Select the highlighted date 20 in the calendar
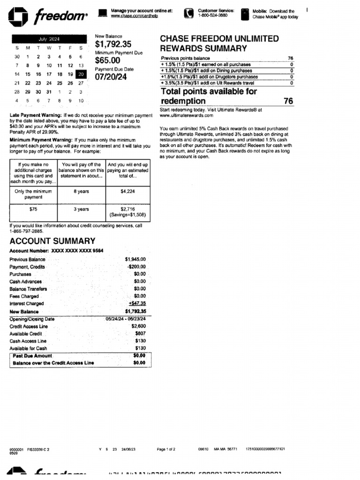pyautogui.click(x=81, y=74)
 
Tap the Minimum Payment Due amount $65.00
pyautogui.click(x=107, y=60)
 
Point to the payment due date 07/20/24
pyautogui.click(x=111, y=77)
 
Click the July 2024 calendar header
pyautogui.click(x=49, y=39)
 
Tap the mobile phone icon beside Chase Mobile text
pyautogui.click(x=244, y=14)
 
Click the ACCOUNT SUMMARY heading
pyautogui.click(x=52, y=241)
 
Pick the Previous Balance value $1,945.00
pyautogui.click(x=135, y=259)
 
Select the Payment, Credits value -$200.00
pyautogui.click(x=136, y=267)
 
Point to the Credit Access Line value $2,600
pyautogui.click(x=138, y=326)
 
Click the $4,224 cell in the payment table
pyautogui.click(x=127, y=191)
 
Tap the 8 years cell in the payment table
pyautogui.click(x=81, y=191)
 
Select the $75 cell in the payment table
pyautogui.click(x=33, y=210)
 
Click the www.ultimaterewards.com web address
pyautogui.click(x=186, y=115)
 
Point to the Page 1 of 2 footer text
pyautogui.click(x=166, y=449)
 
